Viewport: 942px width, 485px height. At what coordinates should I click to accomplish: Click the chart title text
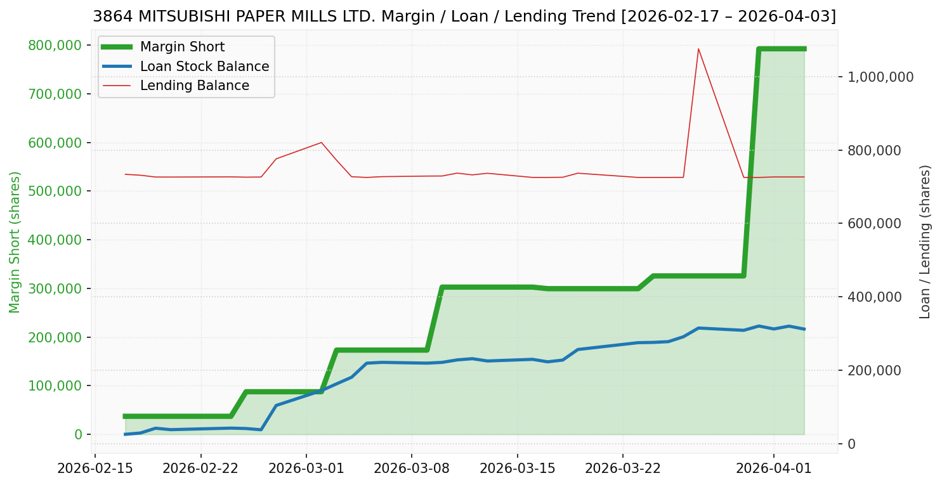pyautogui.click(x=464, y=16)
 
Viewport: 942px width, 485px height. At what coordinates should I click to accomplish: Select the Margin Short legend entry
pyautogui.click(x=182, y=47)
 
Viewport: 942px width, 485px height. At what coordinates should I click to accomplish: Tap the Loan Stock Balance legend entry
pyautogui.click(x=204, y=67)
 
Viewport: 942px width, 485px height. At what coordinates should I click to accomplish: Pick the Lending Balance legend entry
pyautogui.click(x=194, y=86)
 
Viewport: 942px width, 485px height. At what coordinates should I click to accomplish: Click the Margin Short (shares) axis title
pyautogui.click(x=15, y=242)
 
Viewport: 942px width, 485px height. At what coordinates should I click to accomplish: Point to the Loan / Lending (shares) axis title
pyautogui.click(x=925, y=242)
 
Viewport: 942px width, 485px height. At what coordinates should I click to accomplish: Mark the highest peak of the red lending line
pyautogui.click(x=698, y=49)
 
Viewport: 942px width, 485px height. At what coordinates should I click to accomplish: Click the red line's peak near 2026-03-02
pyautogui.click(x=321, y=143)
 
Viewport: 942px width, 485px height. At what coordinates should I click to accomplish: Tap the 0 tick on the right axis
pyautogui.click(x=851, y=444)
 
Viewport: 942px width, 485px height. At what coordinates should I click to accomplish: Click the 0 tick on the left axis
pyautogui.click(x=79, y=435)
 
